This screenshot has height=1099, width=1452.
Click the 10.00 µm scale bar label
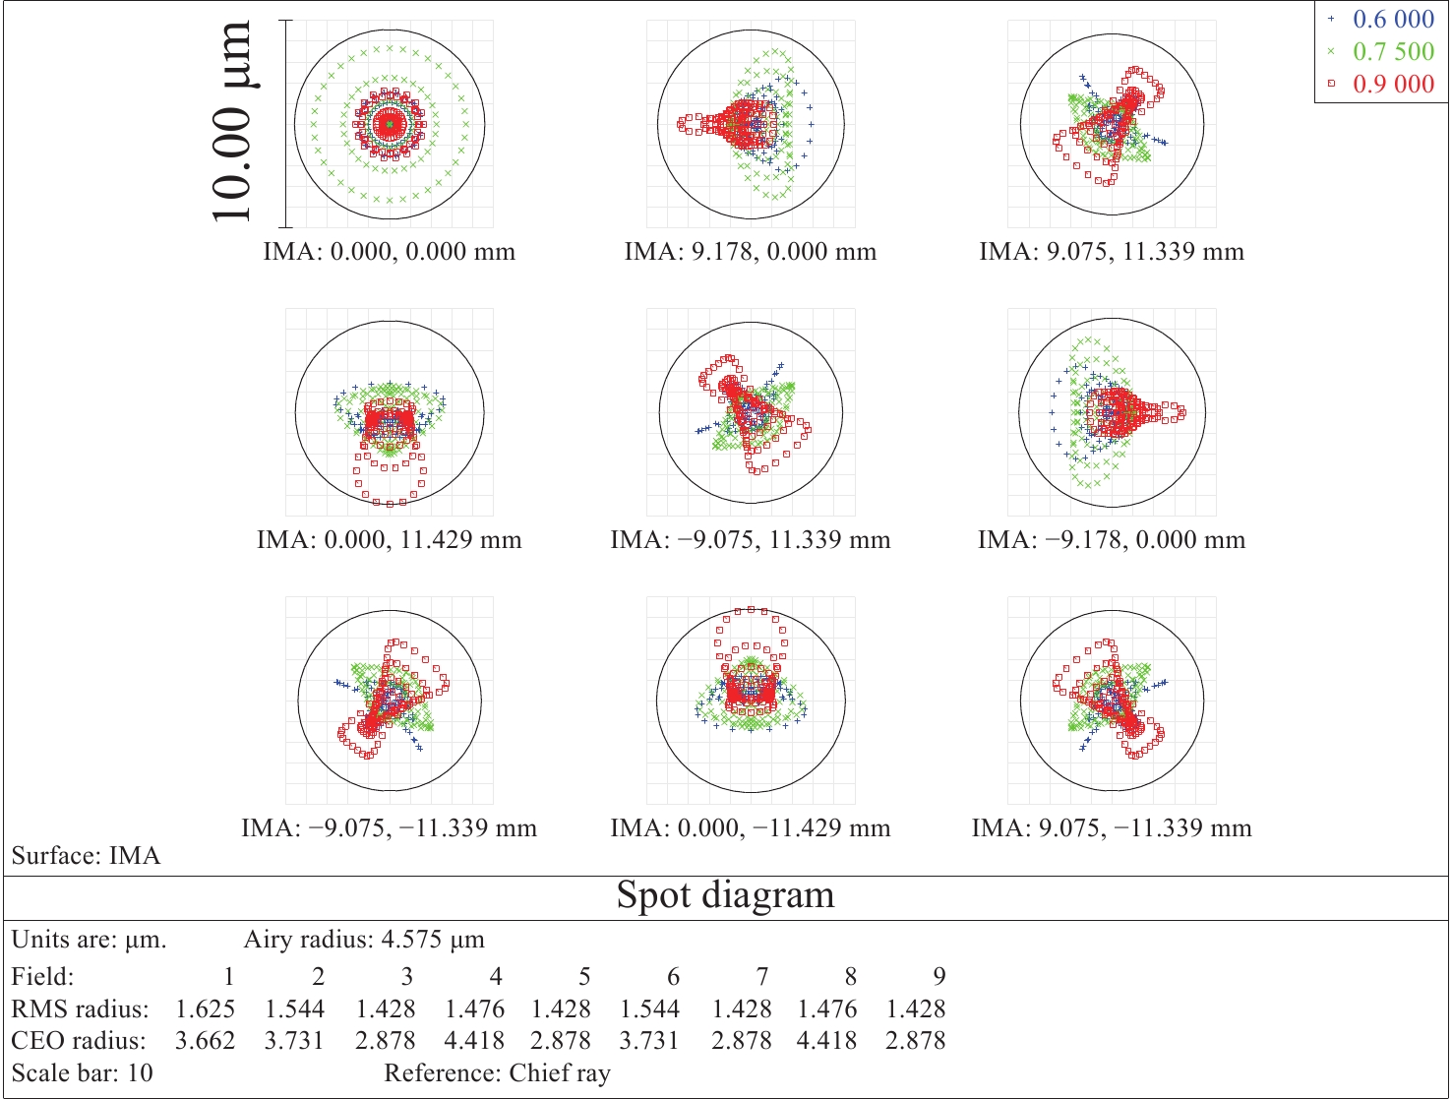232,122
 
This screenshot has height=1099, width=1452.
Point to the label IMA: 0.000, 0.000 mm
390,252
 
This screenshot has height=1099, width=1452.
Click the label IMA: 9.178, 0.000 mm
751,252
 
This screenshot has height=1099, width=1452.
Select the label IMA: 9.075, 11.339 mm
1112,252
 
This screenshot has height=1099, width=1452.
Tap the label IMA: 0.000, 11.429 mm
390,540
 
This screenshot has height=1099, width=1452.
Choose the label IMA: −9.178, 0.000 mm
1112,540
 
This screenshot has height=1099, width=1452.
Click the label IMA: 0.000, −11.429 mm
751,828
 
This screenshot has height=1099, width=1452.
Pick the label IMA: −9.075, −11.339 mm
390,828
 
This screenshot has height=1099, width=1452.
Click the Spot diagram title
726,895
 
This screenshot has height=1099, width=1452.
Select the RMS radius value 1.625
206,1008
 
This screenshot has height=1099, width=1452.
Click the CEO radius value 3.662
206,1040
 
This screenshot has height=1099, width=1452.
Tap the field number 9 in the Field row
939,976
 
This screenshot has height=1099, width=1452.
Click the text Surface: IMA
87,856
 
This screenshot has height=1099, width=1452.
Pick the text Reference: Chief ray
497,1072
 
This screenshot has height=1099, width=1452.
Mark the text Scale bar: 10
83,1072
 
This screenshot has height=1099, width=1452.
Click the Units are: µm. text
90,940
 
